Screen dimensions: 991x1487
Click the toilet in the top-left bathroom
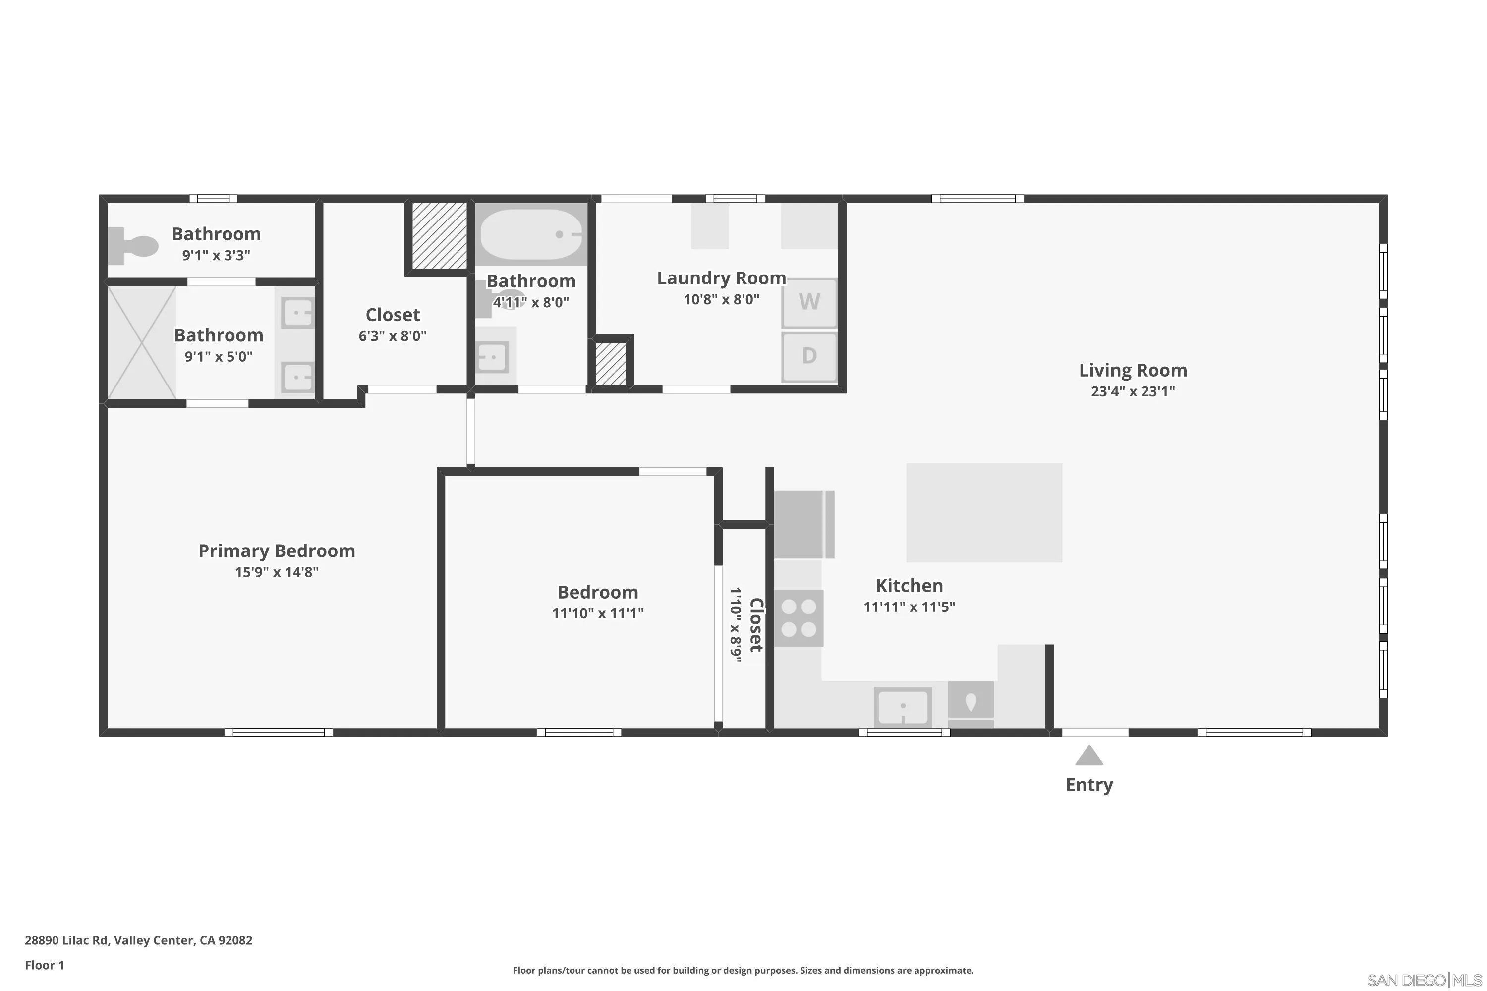[x=134, y=246]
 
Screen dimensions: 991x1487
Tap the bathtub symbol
[x=531, y=234]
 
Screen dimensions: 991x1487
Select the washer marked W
[x=809, y=302]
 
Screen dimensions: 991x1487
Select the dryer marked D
[x=809, y=356]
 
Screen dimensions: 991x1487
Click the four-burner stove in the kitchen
[x=799, y=617]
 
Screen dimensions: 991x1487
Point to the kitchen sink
[x=903, y=707]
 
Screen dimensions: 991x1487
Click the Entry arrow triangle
[x=1088, y=756]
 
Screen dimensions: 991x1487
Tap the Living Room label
[x=1132, y=370]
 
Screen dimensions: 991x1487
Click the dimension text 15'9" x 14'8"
[x=277, y=572]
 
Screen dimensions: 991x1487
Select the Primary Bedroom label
[x=277, y=551]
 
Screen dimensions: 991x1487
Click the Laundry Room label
[x=721, y=278]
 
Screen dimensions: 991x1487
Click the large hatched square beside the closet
[x=439, y=235]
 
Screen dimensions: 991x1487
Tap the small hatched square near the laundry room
[x=611, y=363]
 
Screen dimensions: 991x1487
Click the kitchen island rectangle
[x=984, y=512]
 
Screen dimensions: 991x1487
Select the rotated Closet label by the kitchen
[x=756, y=624]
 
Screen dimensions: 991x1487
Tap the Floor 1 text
[x=44, y=965]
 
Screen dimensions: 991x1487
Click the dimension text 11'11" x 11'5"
[x=909, y=606]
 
